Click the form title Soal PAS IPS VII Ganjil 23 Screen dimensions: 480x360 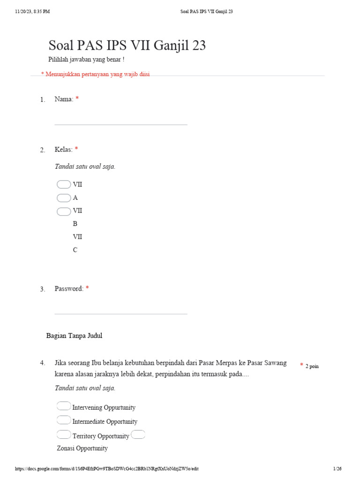[x=127, y=46]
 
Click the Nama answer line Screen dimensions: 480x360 [x=121, y=124]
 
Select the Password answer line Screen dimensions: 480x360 [x=121, y=313]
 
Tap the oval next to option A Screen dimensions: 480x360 [x=64, y=198]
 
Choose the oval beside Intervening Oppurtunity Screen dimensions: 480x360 [x=64, y=406]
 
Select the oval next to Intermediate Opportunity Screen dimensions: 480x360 [x=64, y=420]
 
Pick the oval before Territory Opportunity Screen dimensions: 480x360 [x=64, y=435]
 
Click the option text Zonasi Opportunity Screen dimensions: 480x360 [x=82, y=449]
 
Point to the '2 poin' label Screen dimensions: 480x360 [x=312, y=366]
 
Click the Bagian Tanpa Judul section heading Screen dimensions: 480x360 [x=74, y=336]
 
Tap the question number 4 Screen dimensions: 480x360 [x=43, y=363]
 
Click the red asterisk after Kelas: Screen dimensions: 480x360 [x=76, y=150]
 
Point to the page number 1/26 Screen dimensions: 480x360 [x=337, y=469]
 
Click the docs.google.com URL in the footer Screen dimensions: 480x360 [x=107, y=469]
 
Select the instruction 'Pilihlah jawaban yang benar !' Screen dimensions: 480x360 [x=86, y=60]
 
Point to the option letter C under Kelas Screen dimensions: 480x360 [x=75, y=250]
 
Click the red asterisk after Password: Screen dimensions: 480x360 [x=87, y=288]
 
